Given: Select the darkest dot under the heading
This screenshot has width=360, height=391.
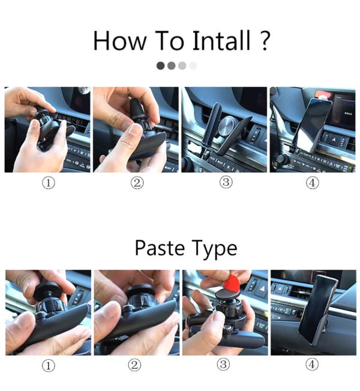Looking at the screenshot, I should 160,66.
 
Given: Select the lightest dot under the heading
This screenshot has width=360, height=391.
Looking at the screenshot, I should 193,66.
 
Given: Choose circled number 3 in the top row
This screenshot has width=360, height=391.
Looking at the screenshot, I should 226,183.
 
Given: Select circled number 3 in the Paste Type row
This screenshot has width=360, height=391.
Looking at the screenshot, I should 225,365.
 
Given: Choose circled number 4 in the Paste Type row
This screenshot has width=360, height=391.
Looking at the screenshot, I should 312,365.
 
